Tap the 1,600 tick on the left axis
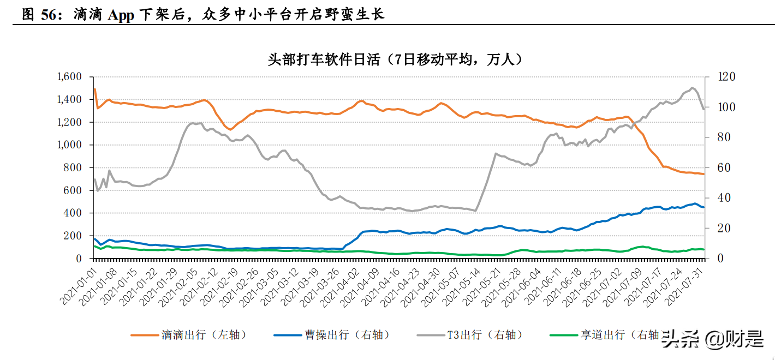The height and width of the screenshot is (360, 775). (x=69, y=76)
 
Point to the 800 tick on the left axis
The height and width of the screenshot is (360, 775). (x=74, y=167)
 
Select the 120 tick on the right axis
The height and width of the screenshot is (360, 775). (x=713, y=76)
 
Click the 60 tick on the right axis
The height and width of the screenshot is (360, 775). (x=711, y=167)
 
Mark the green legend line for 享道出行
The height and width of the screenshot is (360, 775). (x=563, y=334)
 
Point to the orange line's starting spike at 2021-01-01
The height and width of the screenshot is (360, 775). (x=94, y=89)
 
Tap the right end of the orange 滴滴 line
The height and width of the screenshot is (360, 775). (x=704, y=174)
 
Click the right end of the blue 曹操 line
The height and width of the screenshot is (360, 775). (x=704, y=207)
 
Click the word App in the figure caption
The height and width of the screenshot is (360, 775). (x=122, y=15)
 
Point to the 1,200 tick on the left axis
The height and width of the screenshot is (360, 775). (x=69, y=122)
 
